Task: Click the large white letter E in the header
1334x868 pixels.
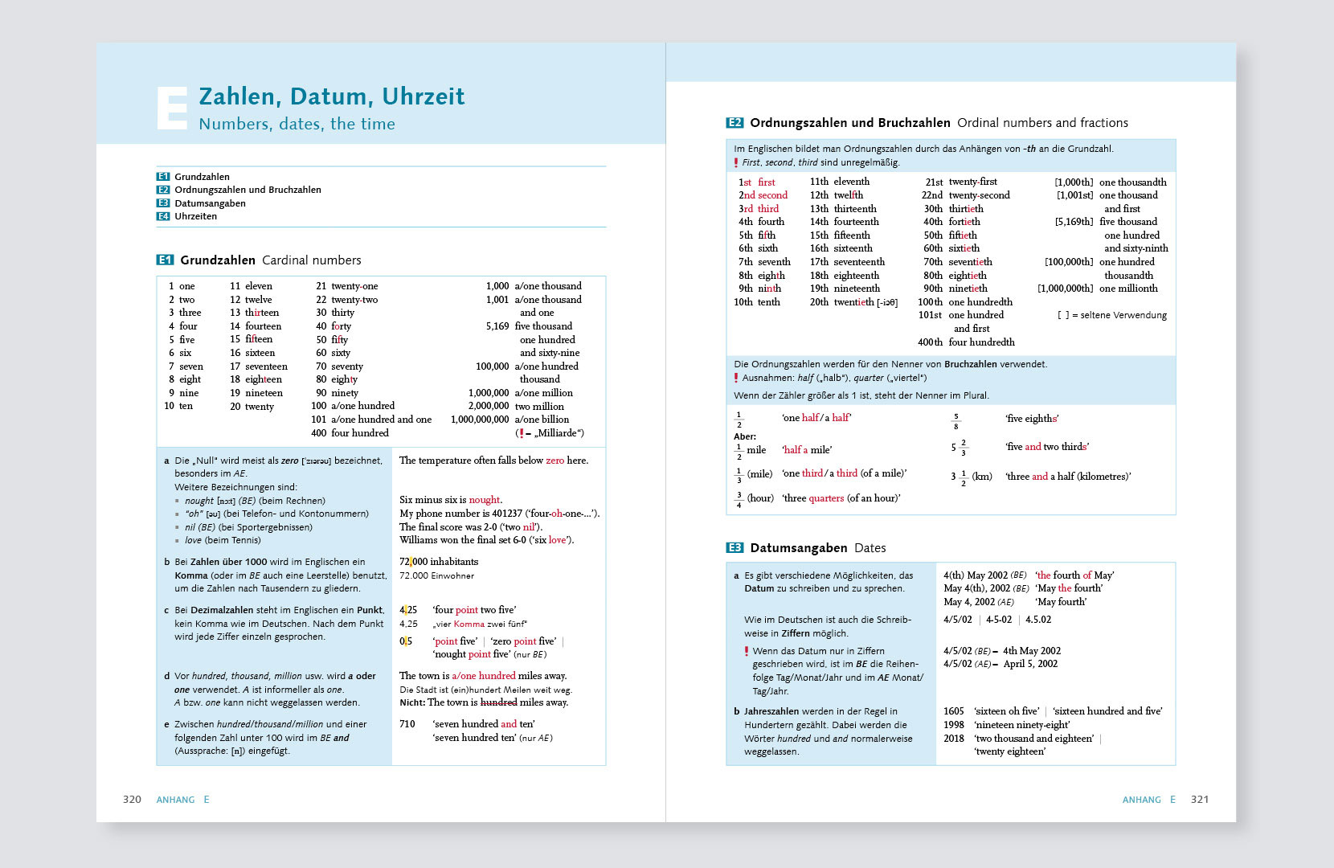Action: [x=172, y=108]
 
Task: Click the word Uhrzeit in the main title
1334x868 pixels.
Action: [x=423, y=96]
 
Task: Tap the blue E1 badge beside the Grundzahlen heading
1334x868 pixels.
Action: [x=165, y=260]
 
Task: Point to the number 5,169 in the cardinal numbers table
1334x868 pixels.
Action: [x=497, y=326]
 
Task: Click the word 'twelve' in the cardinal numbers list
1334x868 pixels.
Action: [x=258, y=300]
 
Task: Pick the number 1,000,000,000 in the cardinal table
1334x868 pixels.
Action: [x=480, y=420]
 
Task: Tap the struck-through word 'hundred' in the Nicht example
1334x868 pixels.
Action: [x=498, y=702]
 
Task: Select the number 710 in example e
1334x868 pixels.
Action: [x=407, y=724]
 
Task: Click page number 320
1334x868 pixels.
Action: [x=132, y=800]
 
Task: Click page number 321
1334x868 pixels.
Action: [x=1199, y=800]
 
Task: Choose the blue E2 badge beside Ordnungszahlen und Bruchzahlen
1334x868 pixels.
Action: [x=735, y=123]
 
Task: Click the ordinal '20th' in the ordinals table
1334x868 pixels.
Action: [x=819, y=302]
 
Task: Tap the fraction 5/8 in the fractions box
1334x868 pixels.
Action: [x=955, y=421]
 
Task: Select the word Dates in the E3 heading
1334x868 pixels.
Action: [x=870, y=548]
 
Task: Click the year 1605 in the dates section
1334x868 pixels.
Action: [x=953, y=711]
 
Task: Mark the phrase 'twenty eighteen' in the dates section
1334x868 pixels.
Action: [x=1009, y=751]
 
